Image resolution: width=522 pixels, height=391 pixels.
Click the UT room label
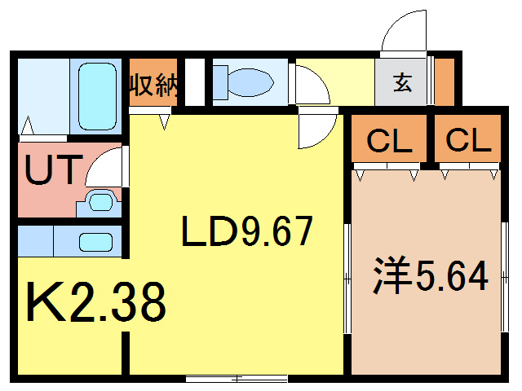(54, 169)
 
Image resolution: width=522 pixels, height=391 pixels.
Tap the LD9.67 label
(247, 231)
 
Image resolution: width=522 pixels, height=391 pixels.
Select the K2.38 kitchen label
(96, 302)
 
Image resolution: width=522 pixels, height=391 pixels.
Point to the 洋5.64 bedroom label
(430, 275)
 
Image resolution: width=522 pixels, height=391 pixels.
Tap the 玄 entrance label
(402, 82)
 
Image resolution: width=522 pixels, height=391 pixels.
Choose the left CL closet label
(389, 141)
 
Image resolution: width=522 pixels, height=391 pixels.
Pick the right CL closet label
(468, 140)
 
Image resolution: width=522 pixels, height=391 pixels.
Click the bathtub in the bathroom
(98, 96)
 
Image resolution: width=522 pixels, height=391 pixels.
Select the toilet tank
(220, 82)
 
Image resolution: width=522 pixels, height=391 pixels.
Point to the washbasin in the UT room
(100, 201)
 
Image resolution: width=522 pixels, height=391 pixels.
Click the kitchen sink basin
(96, 242)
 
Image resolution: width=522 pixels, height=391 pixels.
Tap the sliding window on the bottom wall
(237, 378)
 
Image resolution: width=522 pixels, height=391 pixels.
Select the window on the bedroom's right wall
(505, 277)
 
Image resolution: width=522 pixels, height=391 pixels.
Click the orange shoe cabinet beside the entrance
(445, 81)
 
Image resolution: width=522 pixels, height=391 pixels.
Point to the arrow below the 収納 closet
(164, 121)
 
